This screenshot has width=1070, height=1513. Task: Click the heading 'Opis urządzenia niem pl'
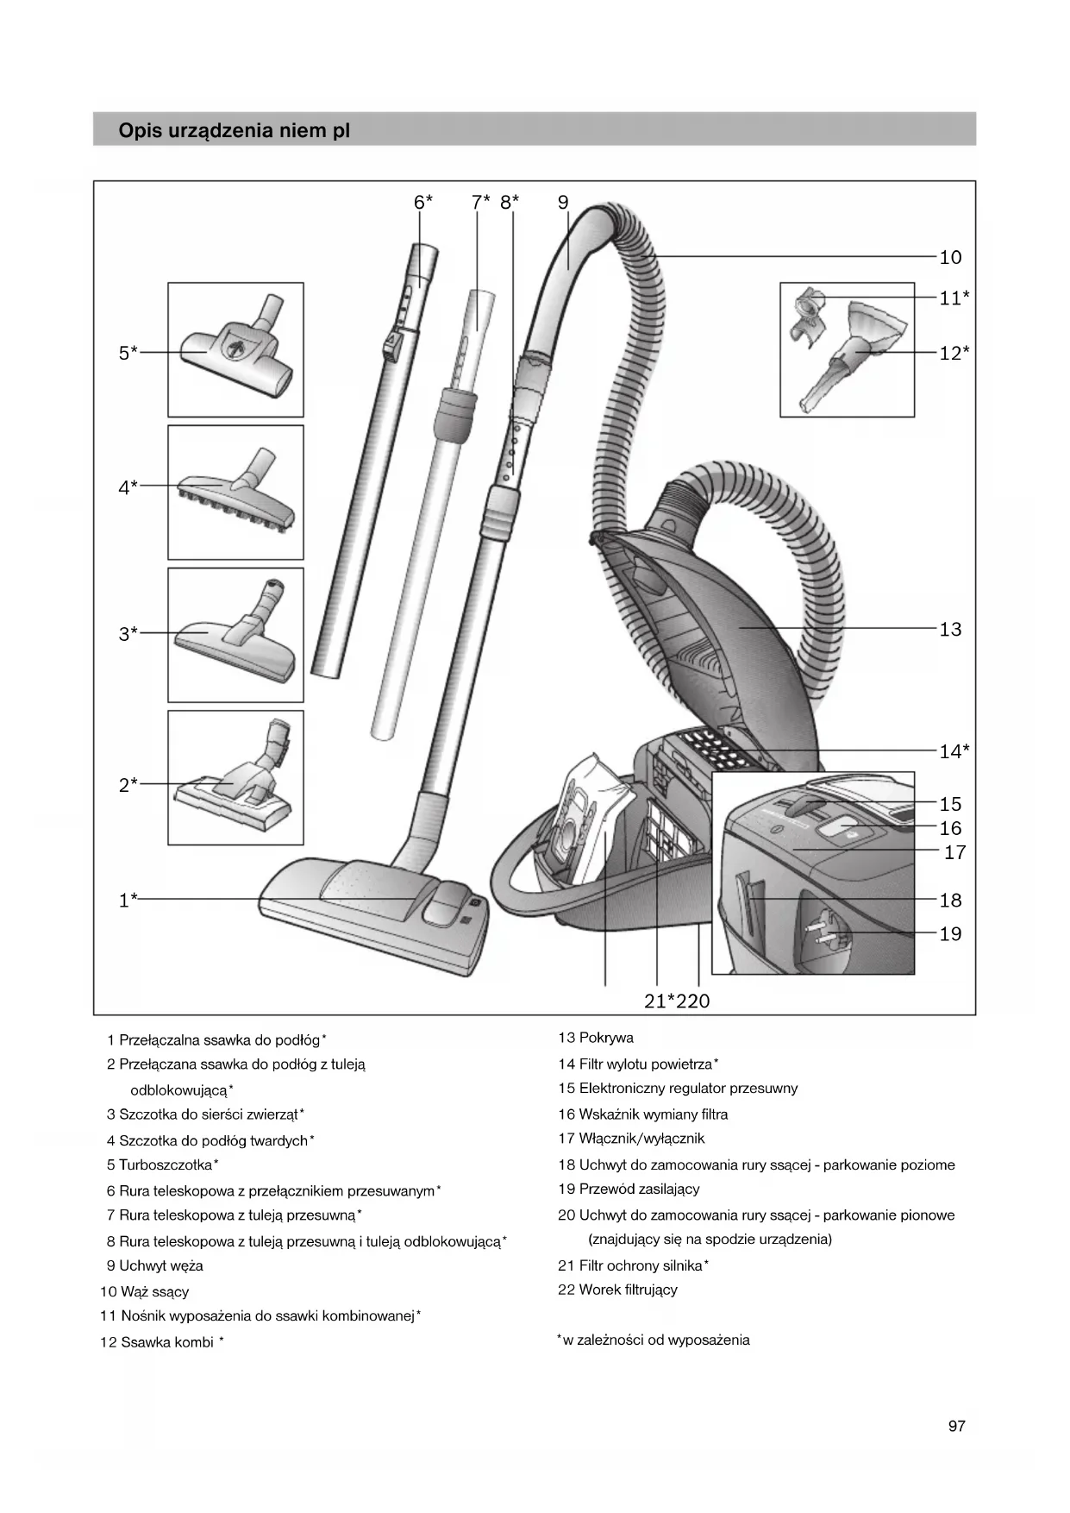[x=234, y=131]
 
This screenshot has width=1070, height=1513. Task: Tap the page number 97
[x=956, y=1426]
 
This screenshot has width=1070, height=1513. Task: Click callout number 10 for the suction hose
[x=949, y=257]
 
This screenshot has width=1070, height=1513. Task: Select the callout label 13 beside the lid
[x=949, y=630]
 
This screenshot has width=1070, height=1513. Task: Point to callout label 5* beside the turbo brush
[x=128, y=353]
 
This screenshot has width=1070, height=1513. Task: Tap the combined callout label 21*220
[x=677, y=1001]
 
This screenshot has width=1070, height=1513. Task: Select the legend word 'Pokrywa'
[x=606, y=1038]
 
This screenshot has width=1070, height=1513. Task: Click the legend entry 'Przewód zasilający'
[x=639, y=1189]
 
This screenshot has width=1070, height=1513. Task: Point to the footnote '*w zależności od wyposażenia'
[x=654, y=1340]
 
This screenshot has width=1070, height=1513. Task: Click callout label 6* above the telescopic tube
[x=422, y=203]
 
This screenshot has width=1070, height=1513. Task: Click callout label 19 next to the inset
[x=949, y=934]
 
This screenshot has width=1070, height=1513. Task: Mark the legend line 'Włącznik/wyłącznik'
[x=641, y=1139]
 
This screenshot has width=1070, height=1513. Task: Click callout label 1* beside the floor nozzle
[x=128, y=901]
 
